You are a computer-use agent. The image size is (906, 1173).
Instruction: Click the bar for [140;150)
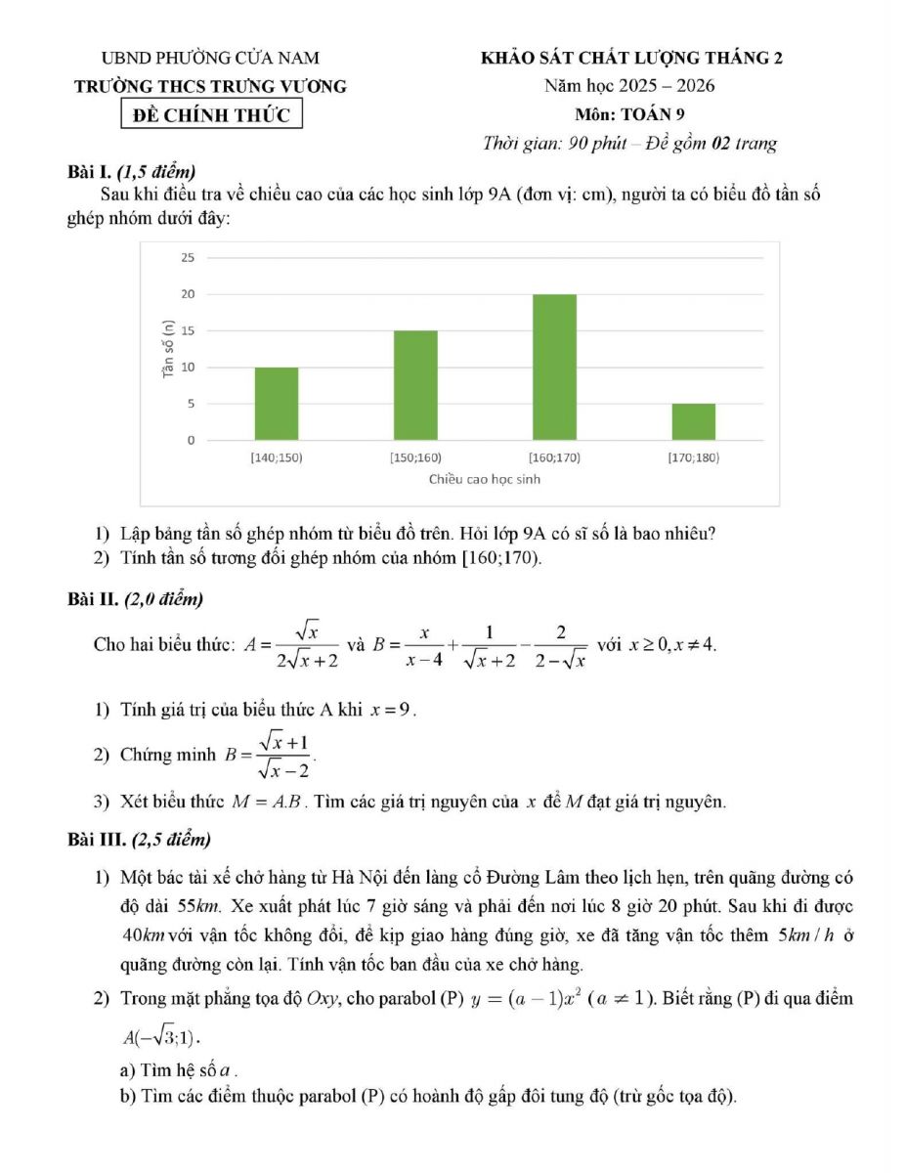pos(277,404)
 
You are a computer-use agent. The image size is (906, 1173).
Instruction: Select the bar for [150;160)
pos(415,385)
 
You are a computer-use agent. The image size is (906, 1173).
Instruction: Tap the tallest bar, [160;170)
pos(554,367)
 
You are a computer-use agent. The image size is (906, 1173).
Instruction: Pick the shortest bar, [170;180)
pos(693,421)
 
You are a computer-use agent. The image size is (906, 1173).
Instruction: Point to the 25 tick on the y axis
pos(188,257)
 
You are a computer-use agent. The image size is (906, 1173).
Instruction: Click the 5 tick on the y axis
pos(191,403)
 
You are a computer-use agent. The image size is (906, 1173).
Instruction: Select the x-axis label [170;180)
pos(693,456)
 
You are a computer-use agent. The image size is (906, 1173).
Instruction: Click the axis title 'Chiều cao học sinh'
pos(484,479)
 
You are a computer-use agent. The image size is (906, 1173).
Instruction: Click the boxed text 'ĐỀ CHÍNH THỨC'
pos(211,114)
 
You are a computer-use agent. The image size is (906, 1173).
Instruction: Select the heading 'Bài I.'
pos(90,172)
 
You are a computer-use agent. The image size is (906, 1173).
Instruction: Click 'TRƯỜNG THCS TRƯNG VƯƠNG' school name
pos(211,86)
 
